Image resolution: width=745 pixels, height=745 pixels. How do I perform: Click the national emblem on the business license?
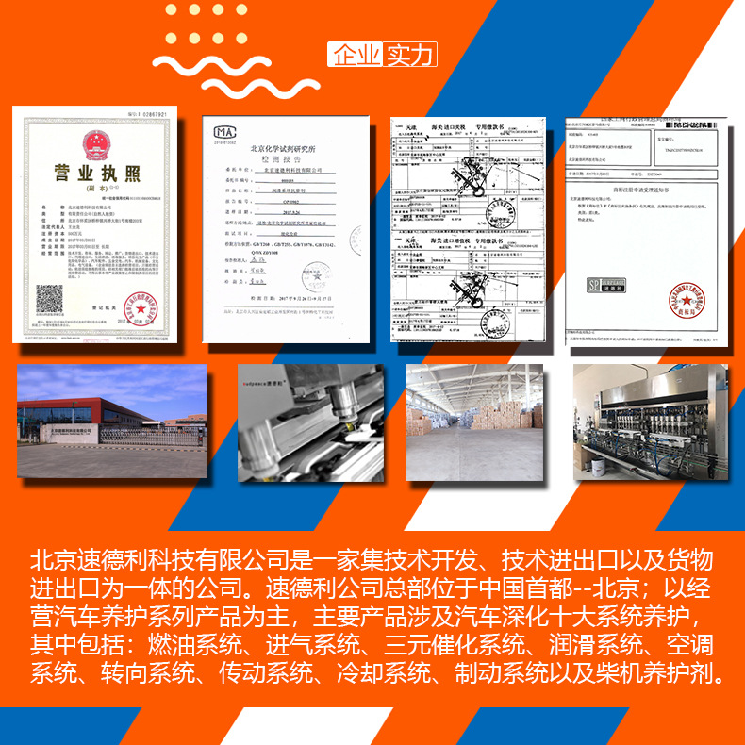pos(94,145)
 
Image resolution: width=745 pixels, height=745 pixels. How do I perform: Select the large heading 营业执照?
pos(94,174)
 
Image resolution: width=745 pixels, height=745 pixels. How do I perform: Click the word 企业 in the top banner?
pos(355,55)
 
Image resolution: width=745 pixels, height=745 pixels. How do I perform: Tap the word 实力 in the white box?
pos(408,55)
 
